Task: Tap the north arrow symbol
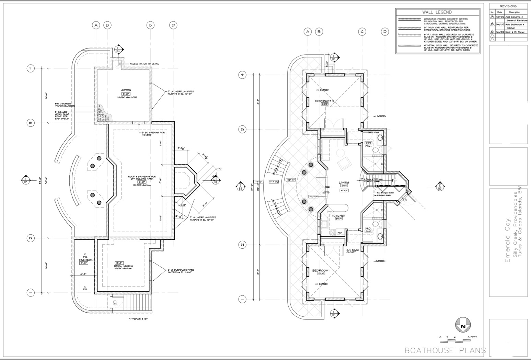pos(463,326)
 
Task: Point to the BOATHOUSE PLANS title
pos(445,350)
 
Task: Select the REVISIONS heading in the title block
pos(508,6)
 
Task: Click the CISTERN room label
pos(126,90)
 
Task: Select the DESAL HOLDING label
pos(124,266)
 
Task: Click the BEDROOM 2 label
pos(324,101)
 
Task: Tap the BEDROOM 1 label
pos(321,271)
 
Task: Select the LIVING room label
pos(344,183)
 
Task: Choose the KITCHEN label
pos(338,216)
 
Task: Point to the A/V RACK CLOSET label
pos(353,251)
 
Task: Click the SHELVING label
pos(373,132)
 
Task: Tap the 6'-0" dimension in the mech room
pos(83,274)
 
